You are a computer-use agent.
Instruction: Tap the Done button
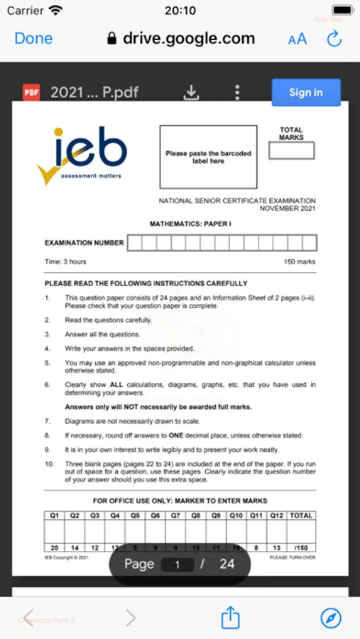point(33,38)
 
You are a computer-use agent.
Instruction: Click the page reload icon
point(334,39)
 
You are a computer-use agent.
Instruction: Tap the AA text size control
point(298,39)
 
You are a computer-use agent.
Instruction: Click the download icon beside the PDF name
point(191,92)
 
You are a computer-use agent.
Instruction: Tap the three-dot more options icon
point(237,92)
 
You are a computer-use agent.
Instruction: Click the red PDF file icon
point(32,92)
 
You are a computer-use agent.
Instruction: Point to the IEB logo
point(83,154)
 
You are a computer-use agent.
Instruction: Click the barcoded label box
point(208,158)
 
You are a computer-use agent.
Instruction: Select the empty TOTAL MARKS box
point(291,151)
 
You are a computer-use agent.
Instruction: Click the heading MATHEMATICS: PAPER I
point(190,224)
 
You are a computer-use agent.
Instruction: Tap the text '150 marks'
point(299,262)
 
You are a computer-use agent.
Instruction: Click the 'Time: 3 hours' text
point(65,262)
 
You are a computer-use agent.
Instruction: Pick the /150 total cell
point(301,547)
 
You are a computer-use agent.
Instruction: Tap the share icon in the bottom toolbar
point(230,618)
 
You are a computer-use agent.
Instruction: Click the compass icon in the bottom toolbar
point(331,618)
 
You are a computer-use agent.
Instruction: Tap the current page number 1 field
point(179,564)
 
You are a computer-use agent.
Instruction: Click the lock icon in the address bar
point(111,39)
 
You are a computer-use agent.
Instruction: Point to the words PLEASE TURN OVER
point(293,557)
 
